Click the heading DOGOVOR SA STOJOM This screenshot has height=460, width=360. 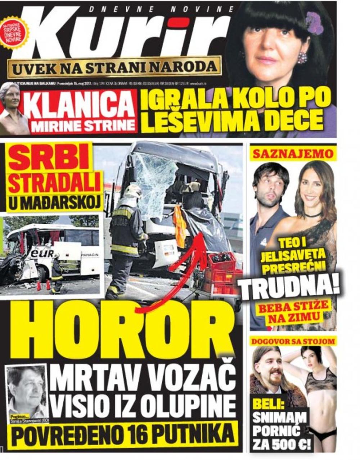[293, 341]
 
